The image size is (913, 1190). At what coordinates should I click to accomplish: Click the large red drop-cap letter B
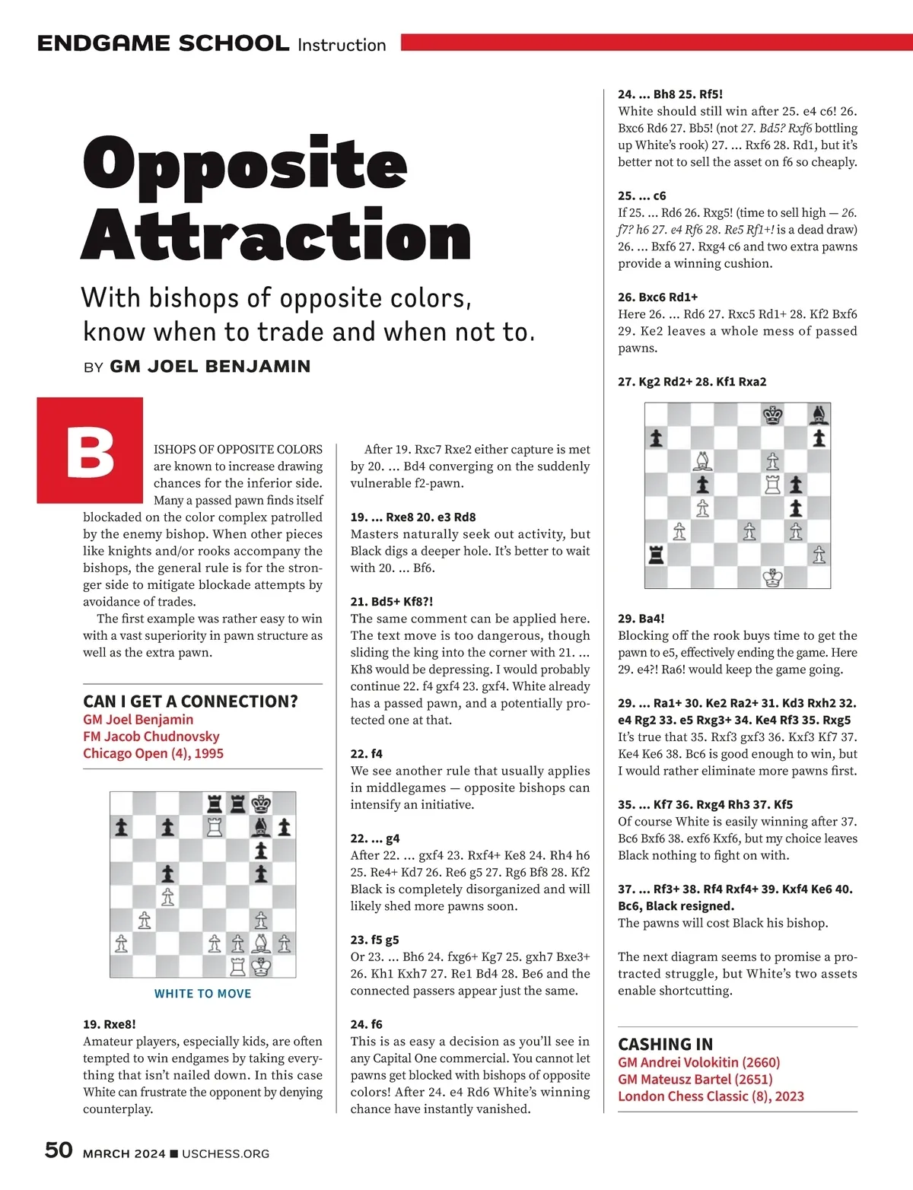click(90, 450)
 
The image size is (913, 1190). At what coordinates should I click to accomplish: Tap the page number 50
click(59, 1150)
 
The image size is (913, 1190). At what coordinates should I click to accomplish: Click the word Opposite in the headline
click(245, 165)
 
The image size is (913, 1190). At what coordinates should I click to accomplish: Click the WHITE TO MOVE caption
click(202, 994)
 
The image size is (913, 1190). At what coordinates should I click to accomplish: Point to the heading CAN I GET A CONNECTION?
click(190, 701)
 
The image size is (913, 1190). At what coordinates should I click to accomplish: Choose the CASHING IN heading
click(666, 1044)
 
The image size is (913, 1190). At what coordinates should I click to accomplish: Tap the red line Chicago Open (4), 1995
click(153, 753)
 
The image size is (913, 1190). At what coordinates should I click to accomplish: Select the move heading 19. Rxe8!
click(110, 1024)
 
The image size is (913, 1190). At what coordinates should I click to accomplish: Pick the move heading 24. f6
click(366, 1024)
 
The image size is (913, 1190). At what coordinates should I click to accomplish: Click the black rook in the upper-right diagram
click(656, 555)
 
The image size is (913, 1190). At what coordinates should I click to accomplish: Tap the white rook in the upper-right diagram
click(773, 484)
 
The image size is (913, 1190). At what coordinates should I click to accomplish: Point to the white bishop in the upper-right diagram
click(703, 461)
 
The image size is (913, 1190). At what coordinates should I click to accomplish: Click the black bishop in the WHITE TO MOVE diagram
click(261, 827)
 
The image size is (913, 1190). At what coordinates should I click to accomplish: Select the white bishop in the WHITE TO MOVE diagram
click(261, 944)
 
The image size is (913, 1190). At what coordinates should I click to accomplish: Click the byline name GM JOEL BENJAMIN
click(210, 367)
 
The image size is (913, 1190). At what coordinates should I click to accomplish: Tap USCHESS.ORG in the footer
click(225, 1153)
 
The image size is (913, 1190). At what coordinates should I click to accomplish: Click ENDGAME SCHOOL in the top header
click(163, 43)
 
